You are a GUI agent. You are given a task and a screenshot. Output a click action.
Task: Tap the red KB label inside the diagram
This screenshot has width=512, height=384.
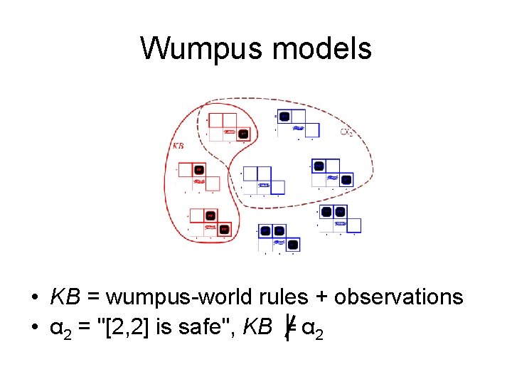click(179, 145)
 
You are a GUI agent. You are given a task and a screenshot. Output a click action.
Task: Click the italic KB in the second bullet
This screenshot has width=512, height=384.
click(257, 328)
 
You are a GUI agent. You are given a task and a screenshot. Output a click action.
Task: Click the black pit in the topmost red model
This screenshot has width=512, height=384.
click(243, 133)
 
